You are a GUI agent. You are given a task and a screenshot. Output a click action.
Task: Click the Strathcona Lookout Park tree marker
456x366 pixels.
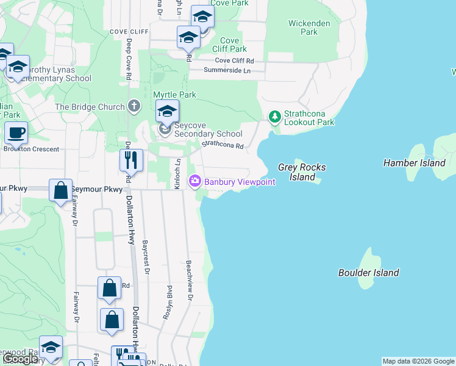[x=275, y=116]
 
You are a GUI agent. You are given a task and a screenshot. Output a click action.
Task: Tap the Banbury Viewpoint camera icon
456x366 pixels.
[x=195, y=181]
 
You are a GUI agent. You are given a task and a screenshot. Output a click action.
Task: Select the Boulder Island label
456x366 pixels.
[x=369, y=273]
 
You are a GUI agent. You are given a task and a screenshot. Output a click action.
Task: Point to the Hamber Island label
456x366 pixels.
[x=415, y=163]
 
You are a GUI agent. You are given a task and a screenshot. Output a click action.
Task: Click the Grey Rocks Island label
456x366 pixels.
[x=302, y=172]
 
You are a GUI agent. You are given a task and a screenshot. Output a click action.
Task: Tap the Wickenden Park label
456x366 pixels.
[x=310, y=27]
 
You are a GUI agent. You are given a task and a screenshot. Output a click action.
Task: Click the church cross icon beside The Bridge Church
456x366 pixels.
[x=134, y=107]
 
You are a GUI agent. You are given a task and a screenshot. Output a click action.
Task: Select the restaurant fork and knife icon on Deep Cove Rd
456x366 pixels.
[x=131, y=160]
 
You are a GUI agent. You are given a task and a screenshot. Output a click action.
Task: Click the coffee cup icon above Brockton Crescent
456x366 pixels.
[x=16, y=132]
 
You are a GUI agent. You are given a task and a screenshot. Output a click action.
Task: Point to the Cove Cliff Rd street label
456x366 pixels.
[x=235, y=61]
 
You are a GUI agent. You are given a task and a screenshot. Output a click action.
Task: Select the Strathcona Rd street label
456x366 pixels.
[x=223, y=145]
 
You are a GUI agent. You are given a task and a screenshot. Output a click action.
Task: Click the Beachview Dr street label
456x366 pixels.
[x=190, y=284]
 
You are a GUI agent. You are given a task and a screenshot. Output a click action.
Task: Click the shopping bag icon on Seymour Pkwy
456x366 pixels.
[x=61, y=190]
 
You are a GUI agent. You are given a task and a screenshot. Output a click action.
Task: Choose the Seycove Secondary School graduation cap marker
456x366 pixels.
[x=166, y=112]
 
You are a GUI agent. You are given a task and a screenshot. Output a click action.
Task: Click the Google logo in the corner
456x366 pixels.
[x=21, y=359]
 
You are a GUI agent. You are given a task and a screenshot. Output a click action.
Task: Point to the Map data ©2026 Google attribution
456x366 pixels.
[x=418, y=361]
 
